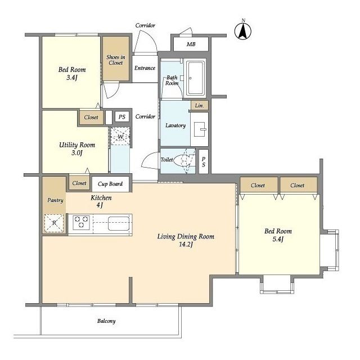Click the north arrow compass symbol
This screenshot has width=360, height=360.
(x=243, y=31)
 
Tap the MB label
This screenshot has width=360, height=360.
(x=191, y=44)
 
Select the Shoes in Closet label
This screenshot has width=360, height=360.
(x=116, y=60)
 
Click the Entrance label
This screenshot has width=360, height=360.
(x=145, y=68)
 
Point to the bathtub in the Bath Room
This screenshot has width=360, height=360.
(x=195, y=78)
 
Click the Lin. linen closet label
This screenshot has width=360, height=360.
(x=199, y=106)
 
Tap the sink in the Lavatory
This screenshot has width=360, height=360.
(x=200, y=129)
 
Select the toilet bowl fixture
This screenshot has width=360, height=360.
(x=182, y=159)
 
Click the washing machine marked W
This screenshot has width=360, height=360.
(x=120, y=137)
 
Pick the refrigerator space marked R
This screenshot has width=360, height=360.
(x=54, y=223)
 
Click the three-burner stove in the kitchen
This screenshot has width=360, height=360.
(x=81, y=222)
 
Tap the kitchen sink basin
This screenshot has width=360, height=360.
(x=119, y=223)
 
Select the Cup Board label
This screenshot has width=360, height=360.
(x=110, y=184)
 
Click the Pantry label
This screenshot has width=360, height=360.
(x=55, y=200)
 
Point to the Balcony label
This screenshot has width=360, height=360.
(x=106, y=321)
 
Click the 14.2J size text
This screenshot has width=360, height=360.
(x=186, y=245)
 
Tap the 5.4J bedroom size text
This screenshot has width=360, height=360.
(x=278, y=239)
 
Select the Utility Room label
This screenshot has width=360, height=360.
(x=77, y=145)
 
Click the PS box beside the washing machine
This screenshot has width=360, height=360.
(x=122, y=117)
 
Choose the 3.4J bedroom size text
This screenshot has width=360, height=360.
(x=72, y=78)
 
